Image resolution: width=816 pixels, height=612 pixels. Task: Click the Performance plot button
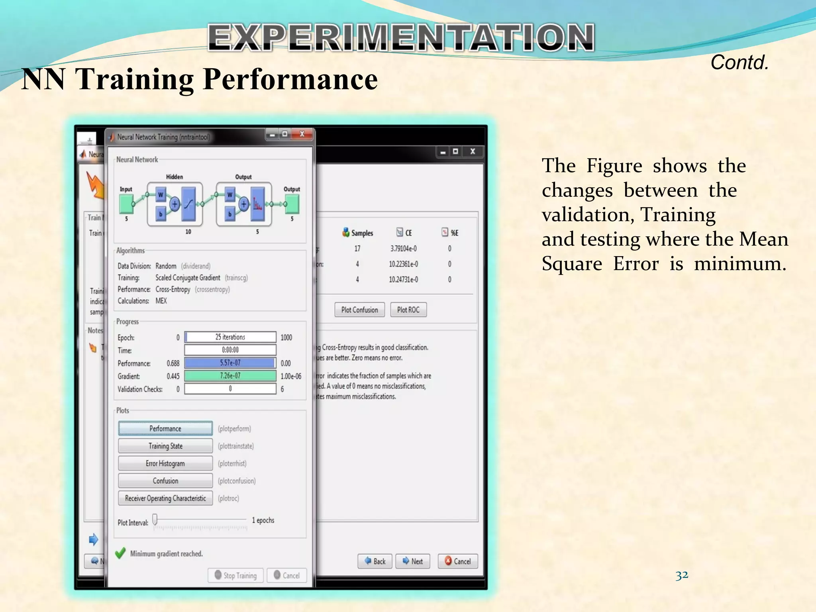(165, 428)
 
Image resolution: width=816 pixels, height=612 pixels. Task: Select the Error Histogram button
(165, 463)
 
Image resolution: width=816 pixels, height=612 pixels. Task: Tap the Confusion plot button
(165, 481)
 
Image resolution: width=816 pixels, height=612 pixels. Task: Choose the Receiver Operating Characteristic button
(165, 498)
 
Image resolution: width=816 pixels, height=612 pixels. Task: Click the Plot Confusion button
(359, 310)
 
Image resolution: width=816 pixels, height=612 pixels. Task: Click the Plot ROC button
(408, 310)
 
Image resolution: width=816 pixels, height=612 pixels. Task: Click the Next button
(412, 561)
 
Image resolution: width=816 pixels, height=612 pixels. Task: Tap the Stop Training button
(235, 575)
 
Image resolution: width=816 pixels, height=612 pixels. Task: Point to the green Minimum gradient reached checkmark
(120, 553)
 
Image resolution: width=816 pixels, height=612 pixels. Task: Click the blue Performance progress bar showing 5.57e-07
(230, 363)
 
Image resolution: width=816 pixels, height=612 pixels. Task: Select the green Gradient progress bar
(230, 376)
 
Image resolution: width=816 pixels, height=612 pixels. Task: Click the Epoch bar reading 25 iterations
(230, 337)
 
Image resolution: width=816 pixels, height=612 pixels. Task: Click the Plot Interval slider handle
(155, 519)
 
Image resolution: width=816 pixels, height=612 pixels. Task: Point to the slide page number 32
(682, 575)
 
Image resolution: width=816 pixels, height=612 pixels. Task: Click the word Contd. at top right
(739, 63)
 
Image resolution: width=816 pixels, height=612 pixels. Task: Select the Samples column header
(358, 233)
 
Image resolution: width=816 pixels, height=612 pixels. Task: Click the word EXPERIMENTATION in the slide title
(401, 37)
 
